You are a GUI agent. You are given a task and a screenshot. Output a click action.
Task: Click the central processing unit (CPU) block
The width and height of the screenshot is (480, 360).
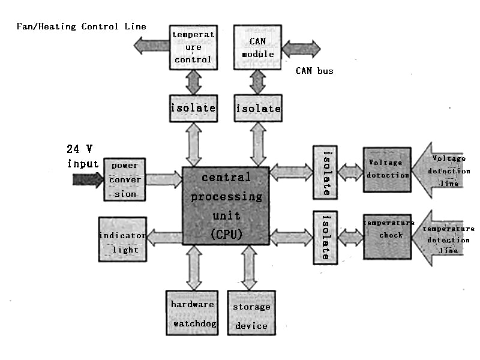click(x=225, y=205)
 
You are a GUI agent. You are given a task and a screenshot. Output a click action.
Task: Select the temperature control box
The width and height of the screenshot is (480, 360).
click(x=192, y=47)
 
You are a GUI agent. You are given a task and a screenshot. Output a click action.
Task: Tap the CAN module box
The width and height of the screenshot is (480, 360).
click(x=257, y=47)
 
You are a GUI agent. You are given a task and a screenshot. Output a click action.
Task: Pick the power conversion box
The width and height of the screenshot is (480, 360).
click(x=125, y=179)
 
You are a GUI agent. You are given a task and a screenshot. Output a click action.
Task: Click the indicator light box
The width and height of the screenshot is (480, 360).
click(x=122, y=239)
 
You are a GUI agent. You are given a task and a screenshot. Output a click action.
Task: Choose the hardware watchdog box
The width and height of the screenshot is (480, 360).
click(x=192, y=313)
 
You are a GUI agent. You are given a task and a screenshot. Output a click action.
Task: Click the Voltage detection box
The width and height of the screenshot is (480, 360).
click(x=387, y=169)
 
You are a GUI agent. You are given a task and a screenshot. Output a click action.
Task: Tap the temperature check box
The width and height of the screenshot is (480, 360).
click(x=387, y=236)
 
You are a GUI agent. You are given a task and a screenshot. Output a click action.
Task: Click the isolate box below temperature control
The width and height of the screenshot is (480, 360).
click(x=193, y=108)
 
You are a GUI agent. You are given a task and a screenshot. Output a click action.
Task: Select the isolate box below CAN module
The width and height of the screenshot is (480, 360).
click(x=258, y=108)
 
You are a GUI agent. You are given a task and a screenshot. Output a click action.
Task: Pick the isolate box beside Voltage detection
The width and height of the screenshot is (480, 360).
click(x=325, y=172)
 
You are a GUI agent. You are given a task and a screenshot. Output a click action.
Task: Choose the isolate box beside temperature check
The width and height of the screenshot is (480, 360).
click(x=325, y=237)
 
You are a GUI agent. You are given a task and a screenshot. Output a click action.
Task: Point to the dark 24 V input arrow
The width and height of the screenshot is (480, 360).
click(x=88, y=179)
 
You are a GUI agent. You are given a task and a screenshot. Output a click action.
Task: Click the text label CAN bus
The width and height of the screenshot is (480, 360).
click(x=314, y=71)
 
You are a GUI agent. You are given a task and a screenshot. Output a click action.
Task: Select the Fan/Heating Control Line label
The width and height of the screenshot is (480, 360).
click(x=80, y=27)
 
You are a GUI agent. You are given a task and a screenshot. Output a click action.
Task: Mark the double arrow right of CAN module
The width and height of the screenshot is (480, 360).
click(x=301, y=49)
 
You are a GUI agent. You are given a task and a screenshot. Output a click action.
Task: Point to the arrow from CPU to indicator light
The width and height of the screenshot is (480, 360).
click(x=164, y=238)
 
